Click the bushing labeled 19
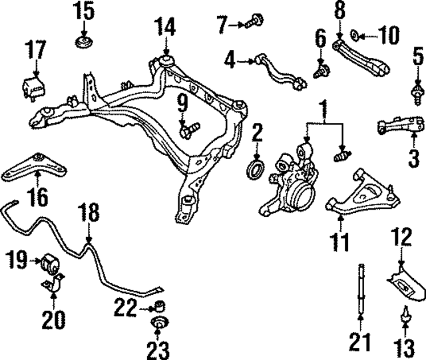(x=48, y=262)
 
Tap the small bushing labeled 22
(x=160, y=307)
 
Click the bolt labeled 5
(x=417, y=91)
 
